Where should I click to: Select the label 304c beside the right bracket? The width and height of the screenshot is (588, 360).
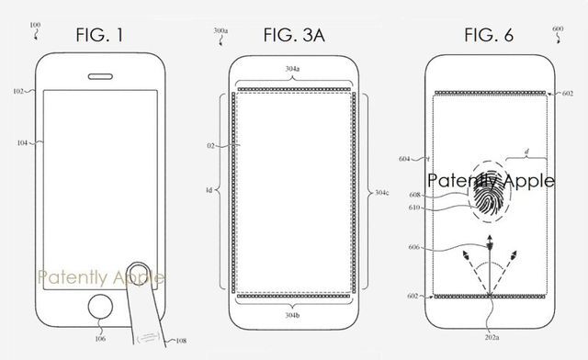click(386, 193)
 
